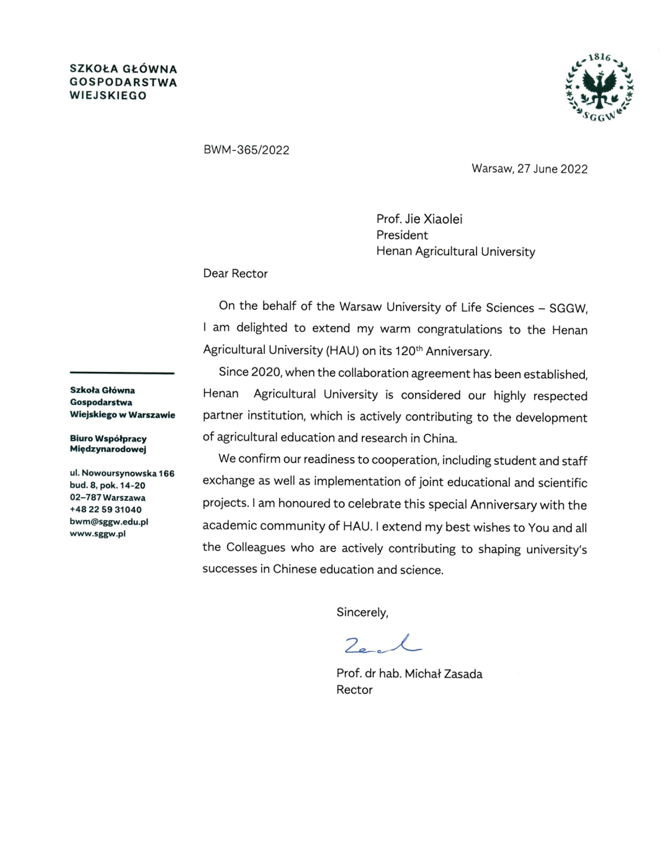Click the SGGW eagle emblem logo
599,87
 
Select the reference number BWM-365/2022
246,150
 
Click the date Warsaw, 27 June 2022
529,169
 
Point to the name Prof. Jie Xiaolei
419,219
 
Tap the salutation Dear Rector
235,274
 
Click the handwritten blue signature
382,644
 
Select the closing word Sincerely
362,612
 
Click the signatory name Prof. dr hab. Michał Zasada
409,674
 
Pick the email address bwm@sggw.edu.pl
109,522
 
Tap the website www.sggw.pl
97,533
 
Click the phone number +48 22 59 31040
105,510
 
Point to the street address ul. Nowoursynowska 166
122,473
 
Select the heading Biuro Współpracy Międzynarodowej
108,443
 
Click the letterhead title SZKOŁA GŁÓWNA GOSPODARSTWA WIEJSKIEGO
123,82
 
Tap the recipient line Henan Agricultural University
455,251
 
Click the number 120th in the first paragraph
408,351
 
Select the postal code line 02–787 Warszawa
107,497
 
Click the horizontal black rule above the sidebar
122,373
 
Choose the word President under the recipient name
402,235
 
